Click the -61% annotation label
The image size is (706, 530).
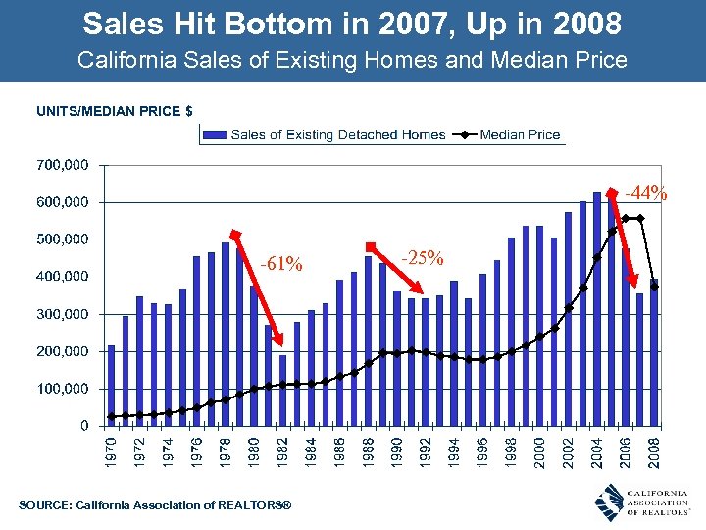pos(281,264)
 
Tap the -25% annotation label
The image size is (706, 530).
pos(423,258)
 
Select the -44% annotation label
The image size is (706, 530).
pos(646,193)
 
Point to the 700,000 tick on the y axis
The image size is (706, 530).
pos(62,164)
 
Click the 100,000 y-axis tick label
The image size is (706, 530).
pos(62,389)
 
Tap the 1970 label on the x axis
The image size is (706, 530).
pos(111,452)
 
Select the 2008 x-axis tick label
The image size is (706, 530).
pos(654,452)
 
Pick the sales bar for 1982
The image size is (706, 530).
pos(282,391)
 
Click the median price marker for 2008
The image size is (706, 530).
pos(654,287)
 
